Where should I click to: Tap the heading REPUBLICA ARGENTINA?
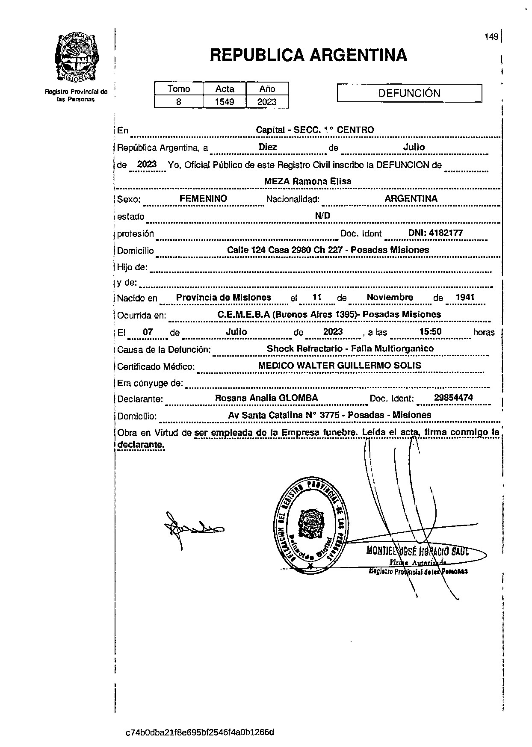click(308, 55)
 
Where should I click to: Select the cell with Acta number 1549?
click(225, 102)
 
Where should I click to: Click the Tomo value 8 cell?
click(179, 102)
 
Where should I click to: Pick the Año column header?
click(267, 89)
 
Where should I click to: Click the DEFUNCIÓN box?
click(409, 93)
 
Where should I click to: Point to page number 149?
click(491, 37)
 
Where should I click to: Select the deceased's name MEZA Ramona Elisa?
click(307, 181)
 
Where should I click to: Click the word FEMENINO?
click(203, 199)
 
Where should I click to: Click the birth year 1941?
click(465, 298)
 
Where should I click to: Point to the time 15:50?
click(431, 332)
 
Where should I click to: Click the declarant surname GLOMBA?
click(298, 398)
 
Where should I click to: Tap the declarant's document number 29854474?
click(453, 398)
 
